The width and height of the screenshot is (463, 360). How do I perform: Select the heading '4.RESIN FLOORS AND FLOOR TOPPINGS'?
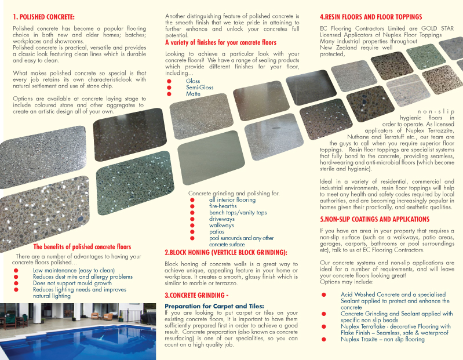pyautogui.click(x=371, y=17)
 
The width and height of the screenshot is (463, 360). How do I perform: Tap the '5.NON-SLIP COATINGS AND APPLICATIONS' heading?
pyautogui.click(x=374, y=220)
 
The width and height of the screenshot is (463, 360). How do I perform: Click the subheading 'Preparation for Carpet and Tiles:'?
pyautogui.click(x=214, y=306)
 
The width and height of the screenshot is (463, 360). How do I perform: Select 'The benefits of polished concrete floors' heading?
pyautogui.click(x=82, y=247)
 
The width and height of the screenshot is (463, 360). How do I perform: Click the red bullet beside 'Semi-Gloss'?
pyautogui.click(x=169, y=87)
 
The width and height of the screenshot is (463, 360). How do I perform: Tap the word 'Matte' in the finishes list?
pyautogui.click(x=193, y=93)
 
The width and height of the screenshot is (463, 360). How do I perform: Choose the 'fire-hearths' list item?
pyautogui.click(x=223, y=206)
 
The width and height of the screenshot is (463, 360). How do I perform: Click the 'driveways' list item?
pyautogui.click(x=221, y=219)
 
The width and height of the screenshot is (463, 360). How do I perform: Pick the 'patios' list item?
pyautogui.click(x=217, y=232)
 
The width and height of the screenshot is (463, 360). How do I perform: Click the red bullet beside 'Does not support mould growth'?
pyautogui.click(x=16, y=283)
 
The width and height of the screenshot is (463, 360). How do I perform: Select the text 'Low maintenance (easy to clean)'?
pyautogui.click(x=74, y=271)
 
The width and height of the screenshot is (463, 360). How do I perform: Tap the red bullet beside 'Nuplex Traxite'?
pyautogui.click(x=323, y=339)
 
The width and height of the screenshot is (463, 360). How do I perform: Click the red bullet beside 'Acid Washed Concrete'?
pyautogui.click(x=323, y=295)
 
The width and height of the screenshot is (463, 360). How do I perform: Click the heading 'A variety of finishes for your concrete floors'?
pyautogui.click(x=221, y=43)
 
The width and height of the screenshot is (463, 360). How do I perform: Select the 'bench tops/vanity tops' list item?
pyautogui.click(x=238, y=213)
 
